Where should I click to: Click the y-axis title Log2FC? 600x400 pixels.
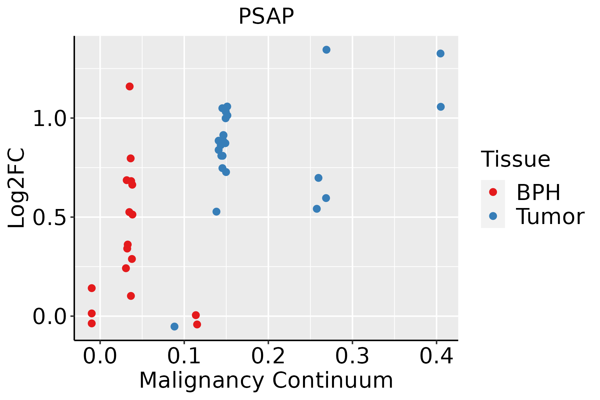click(x=17, y=188)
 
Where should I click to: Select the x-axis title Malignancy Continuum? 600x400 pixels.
click(x=266, y=380)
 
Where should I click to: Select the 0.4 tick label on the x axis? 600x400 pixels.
click(x=436, y=356)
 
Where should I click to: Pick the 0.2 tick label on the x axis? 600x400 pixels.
click(x=268, y=356)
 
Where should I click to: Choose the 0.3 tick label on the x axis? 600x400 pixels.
click(x=352, y=356)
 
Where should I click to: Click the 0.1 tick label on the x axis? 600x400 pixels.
click(x=184, y=356)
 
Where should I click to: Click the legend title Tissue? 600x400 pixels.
click(x=516, y=159)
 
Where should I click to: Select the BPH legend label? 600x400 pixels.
click(x=538, y=192)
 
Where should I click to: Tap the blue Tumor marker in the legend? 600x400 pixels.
click(x=493, y=216)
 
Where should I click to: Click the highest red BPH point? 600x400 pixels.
click(x=130, y=87)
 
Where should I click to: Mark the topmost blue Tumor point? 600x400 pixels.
click(x=326, y=50)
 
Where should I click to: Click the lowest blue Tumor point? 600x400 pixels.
click(x=174, y=326)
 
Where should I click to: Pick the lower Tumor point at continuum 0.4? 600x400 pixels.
click(x=441, y=107)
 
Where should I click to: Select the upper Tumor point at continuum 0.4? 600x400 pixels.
click(x=440, y=53)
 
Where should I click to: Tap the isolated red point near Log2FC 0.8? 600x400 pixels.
click(x=131, y=158)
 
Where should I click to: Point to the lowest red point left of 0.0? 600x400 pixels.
click(x=92, y=323)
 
